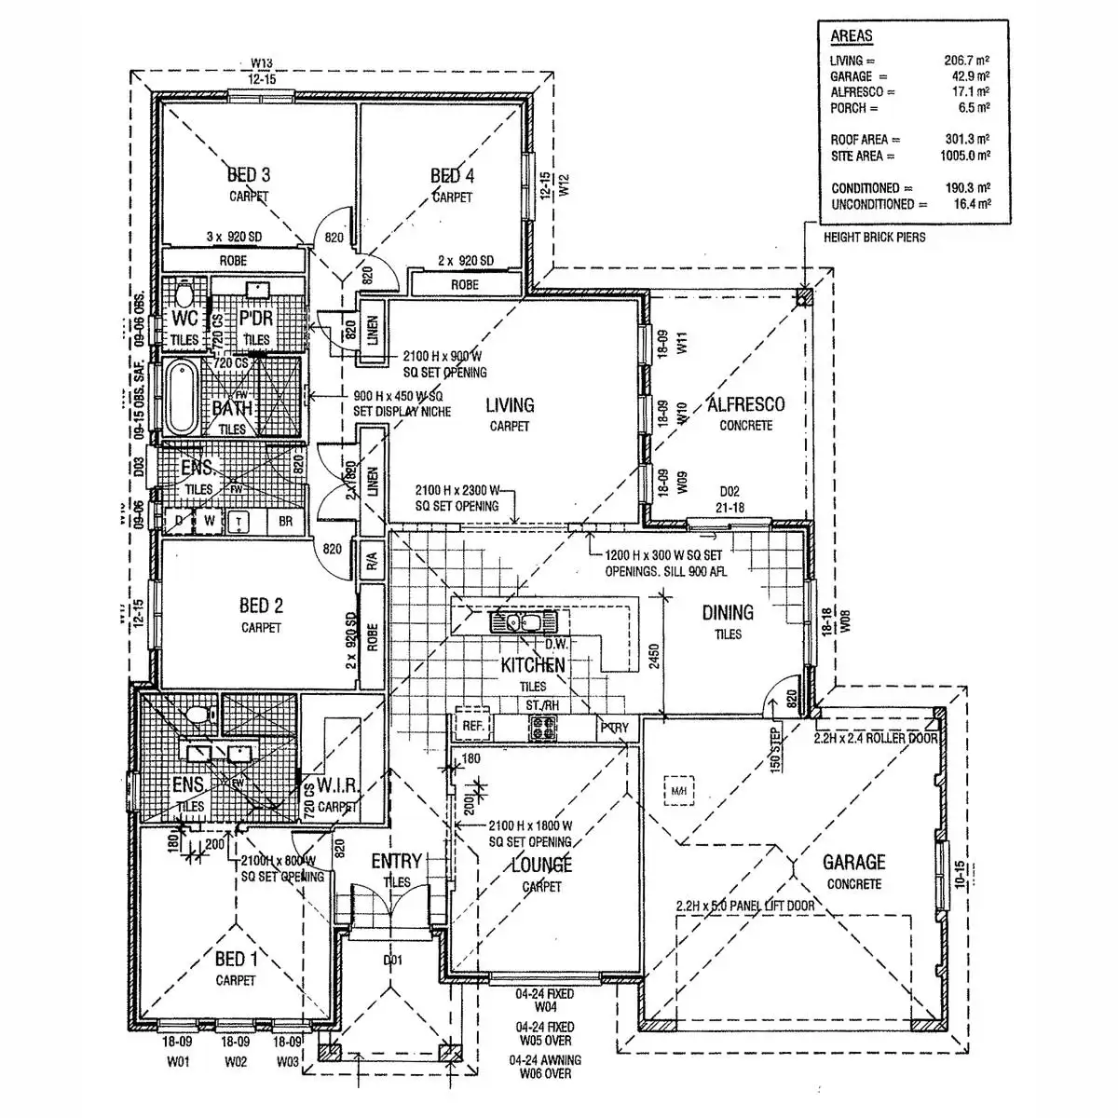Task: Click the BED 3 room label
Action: click(x=249, y=175)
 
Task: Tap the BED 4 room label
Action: click(x=452, y=176)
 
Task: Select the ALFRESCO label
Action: click(x=745, y=405)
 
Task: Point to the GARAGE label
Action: click(x=853, y=863)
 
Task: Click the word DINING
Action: click(x=728, y=613)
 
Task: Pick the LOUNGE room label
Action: click(x=541, y=866)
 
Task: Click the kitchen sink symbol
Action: click(x=522, y=622)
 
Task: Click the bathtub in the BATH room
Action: click(x=181, y=397)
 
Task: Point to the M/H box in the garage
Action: click(x=677, y=792)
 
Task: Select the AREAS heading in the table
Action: click(x=852, y=36)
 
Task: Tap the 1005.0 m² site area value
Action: click(x=964, y=157)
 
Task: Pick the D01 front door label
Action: click(x=392, y=960)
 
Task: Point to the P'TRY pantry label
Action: click(x=614, y=728)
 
